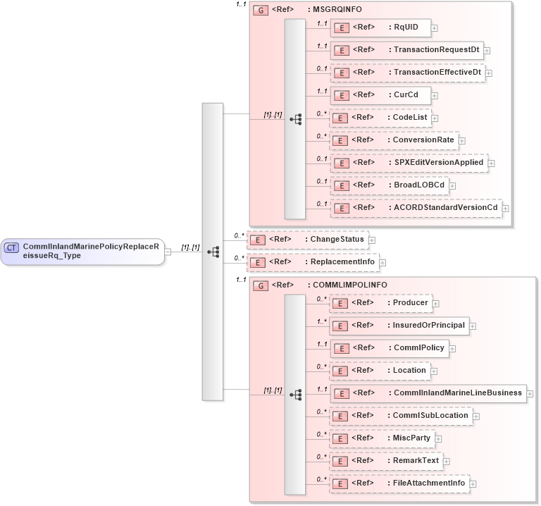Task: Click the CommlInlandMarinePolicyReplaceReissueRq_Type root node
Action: click(x=82, y=251)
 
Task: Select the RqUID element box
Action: click(x=380, y=27)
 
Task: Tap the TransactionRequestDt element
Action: click(x=406, y=50)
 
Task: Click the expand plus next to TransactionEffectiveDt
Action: click(x=489, y=73)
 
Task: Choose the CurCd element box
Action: click(x=380, y=95)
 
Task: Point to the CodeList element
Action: click(x=380, y=118)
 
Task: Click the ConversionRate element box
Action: click(x=394, y=140)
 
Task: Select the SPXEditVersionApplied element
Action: click(x=409, y=163)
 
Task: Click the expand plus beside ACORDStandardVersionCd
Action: click(x=505, y=209)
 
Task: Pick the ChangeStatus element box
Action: click(x=307, y=240)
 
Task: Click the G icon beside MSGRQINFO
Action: click(x=259, y=11)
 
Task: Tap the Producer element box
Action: click(x=380, y=303)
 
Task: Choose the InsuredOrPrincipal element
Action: click(x=399, y=326)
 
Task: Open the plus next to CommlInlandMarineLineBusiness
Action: click(x=530, y=394)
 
